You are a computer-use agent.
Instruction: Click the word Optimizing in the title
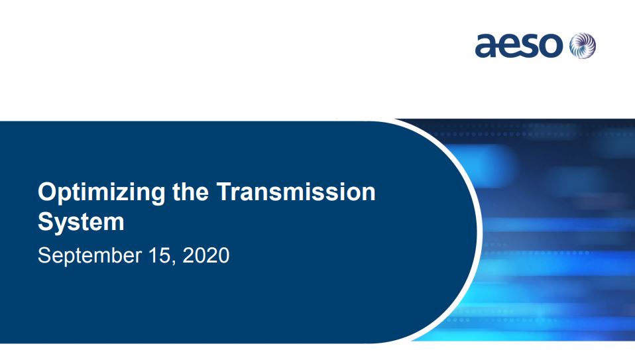click(101, 193)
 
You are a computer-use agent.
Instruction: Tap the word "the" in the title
click(190, 192)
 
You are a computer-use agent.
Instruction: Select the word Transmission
click(296, 192)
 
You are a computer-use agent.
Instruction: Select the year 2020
click(205, 255)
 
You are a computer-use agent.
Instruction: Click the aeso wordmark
click(519, 45)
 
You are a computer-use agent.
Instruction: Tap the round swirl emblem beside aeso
click(583, 45)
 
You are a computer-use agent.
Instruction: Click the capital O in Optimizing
click(46, 192)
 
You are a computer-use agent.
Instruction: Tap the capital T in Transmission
click(225, 192)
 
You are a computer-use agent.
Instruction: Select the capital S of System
click(46, 221)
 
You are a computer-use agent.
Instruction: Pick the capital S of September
click(44, 255)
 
